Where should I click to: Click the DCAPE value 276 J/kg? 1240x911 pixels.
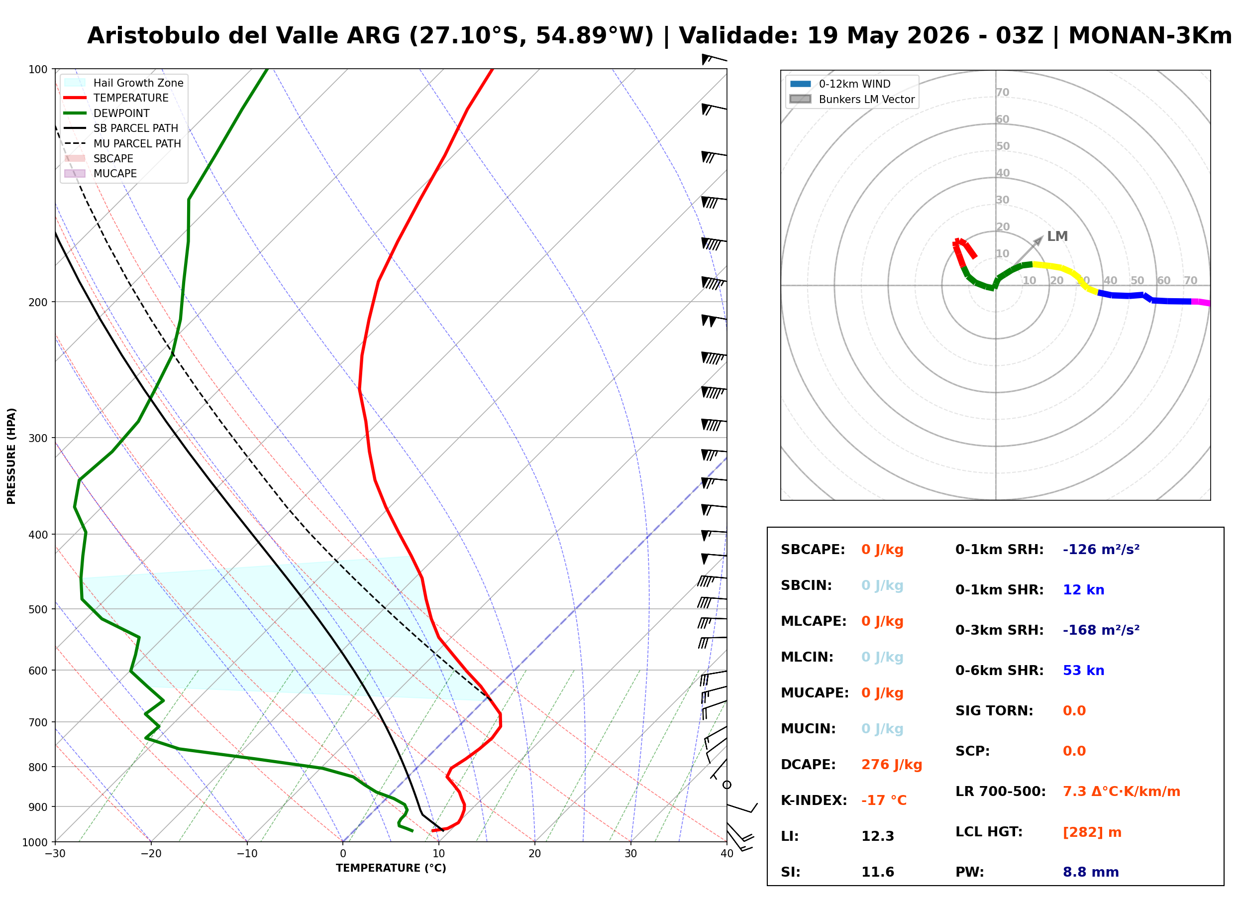pyautogui.click(x=891, y=764)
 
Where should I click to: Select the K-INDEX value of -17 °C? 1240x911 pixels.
pyautogui.click(x=883, y=800)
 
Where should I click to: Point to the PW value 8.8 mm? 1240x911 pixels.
pyautogui.click(x=1090, y=872)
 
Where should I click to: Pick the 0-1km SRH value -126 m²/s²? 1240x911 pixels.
pyautogui.click(x=1101, y=549)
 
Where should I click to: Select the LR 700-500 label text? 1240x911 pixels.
pyautogui.click(x=1000, y=792)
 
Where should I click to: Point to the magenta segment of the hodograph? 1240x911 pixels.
pyautogui.click(x=1200, y=302)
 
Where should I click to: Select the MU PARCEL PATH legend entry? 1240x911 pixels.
pyautogui.click(x=122, y=143)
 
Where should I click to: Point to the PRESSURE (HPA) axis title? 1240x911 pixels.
pyautogui.click(x=11, y=455)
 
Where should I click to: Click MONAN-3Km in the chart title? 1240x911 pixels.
pyautogui.click(x=1149, y=36)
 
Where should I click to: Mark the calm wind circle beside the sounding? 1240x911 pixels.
pyautogui.click(x=726, y=784)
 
